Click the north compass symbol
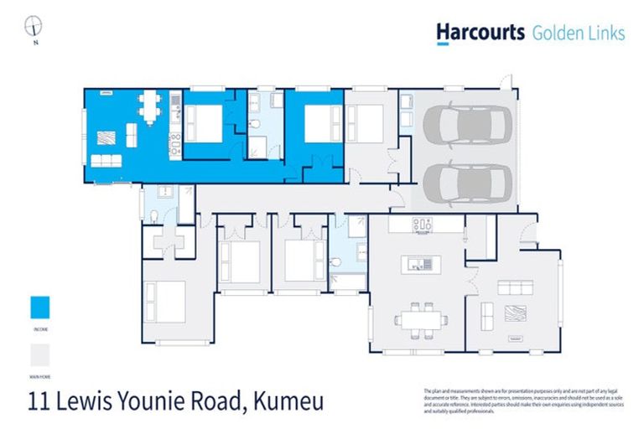[34, 26]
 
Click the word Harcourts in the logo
[480, 32]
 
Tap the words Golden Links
[579, 33]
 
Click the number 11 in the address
[39, 401]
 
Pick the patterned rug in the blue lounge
[106, 137]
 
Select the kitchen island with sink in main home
[418, 265]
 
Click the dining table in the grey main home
[417, 319]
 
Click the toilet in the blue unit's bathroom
[258, 125]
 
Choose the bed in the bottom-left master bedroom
[165, 301]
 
